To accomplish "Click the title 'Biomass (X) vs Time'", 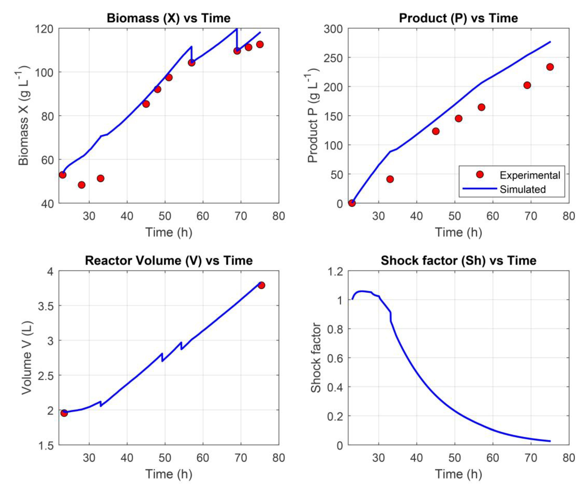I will pyautogui.click(x=169, y=18).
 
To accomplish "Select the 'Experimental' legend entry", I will pyautogui.click(x=529, y=175).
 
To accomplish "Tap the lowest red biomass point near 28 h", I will pyautogui.click(x=81, y=185).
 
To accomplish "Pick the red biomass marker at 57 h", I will pyautogui.click(x=191, y=63).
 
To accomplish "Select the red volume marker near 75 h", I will pyautogui.click(x=261, y=285).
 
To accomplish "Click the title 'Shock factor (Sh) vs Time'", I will pyautogui.click(x=458, y=261).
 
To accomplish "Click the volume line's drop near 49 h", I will pyautogui.click(x=162, y=357).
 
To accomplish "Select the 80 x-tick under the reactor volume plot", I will pyautogui.click(x=278, y=458).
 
